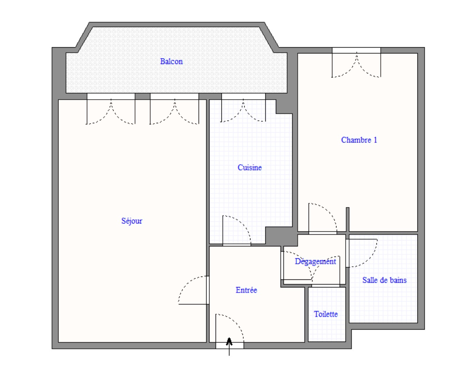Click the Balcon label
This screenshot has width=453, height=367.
click(x=171, y=61)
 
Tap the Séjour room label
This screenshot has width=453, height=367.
click(x=132, y=221)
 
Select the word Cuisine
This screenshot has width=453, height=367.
click(x=249, y=168)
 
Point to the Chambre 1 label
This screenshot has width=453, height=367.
click(x=359, y=140)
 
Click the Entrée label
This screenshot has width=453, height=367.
click(x=246, y=290)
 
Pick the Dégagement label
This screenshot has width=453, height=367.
click(x=315, y=261)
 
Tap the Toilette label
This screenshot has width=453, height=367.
click(x=326, y=314)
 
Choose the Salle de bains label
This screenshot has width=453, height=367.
click(x=384, y=280)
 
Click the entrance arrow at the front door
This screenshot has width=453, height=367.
click(x=229, y=346)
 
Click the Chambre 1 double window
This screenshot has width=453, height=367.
click(x=356, y=51)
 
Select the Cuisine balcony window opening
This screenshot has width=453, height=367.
click(x=243, y=96)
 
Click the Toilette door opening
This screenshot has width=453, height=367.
click(x=326, y=286)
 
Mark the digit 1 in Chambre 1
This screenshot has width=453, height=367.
click(x=375, y=140)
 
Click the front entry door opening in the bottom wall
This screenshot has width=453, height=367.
click(x=230, y=346)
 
